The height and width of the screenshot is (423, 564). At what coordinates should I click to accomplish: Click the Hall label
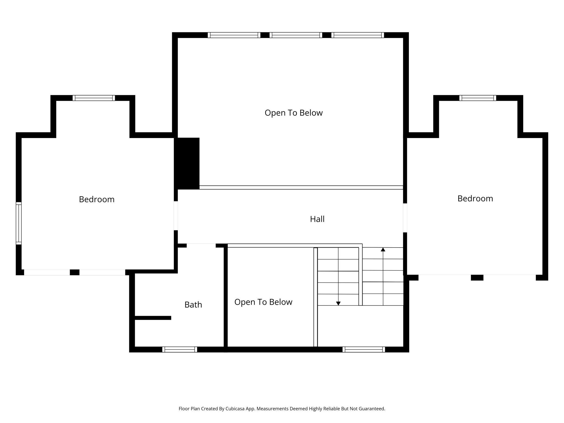[x=317, y=219]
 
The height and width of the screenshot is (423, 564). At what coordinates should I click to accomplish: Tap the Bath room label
[x=193, y=305]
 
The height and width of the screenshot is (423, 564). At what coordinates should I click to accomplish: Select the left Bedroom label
[x=97, y=199]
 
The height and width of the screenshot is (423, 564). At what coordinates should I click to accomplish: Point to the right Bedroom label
[x=475, y=198]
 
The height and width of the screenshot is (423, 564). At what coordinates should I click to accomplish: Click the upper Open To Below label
[x=294, y=113]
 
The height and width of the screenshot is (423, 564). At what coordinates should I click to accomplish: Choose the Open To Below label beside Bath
[x=263, y=302]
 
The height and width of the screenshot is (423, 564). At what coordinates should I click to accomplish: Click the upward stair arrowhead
[x=383, y=249]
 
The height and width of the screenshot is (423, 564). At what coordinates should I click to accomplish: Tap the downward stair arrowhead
[x=338, y=303]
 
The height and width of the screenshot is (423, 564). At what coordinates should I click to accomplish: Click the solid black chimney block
[x=187, y=164]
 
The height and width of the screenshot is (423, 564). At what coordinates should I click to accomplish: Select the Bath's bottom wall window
[x=180, y=350]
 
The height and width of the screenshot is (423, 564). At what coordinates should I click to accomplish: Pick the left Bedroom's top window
[x=94, y=98]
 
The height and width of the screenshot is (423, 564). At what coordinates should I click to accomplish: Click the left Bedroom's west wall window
[x=18, y=223]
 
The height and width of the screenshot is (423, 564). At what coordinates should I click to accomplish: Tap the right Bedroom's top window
[x=478, y=98]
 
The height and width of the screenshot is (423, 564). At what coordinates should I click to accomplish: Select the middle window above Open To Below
[x=296, y=35]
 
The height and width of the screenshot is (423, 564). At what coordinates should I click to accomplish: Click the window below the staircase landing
[x=364, y=350]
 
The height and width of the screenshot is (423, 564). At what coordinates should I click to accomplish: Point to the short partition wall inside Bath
[x=153, y=318]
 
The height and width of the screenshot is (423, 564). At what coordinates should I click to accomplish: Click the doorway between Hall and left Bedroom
[x=176, y=216]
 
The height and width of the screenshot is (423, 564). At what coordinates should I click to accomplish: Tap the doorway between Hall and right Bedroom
[x=405, y=218]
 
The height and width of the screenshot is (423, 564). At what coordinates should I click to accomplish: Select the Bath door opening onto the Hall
[x=201, y=245]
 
